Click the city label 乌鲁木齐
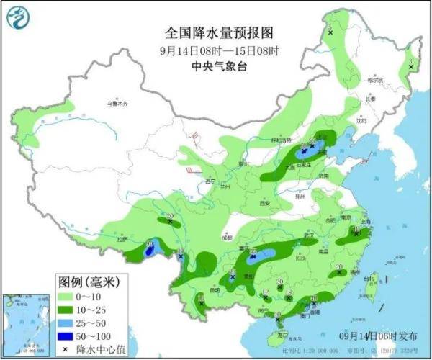click(x=117, y=104)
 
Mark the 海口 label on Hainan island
click(x=282, y=333)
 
